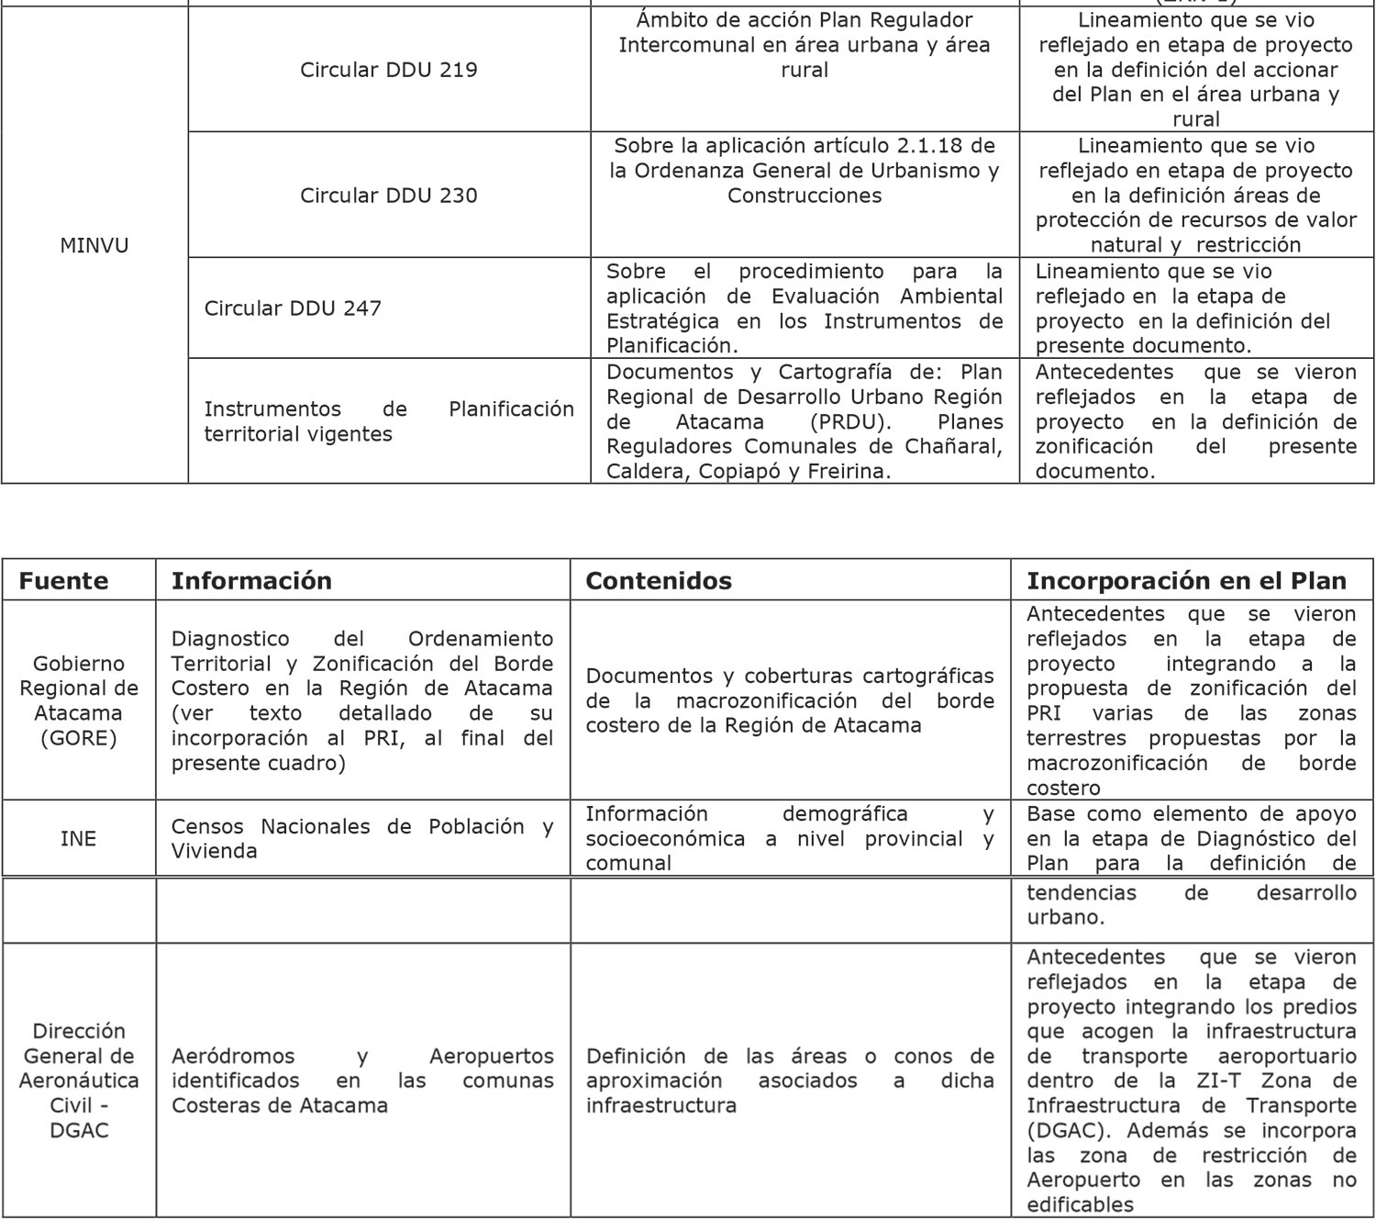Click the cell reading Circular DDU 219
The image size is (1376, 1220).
[x=388, y=70]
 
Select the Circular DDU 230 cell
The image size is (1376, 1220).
[x=388, y=196]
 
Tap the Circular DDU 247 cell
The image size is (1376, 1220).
[x=293, y=308]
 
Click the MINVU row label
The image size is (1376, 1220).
[x=94, y=245]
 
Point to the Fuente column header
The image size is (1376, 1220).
[x=63, y=581]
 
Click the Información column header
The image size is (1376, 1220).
[x=251, y=581]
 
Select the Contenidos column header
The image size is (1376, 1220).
[x=658, y=581]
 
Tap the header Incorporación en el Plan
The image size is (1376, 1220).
[x=1186, y=581]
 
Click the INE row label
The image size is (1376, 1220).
[x=78, y=838]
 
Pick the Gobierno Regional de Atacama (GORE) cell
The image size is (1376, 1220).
[x=78, y=700]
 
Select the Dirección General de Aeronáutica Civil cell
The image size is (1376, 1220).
[x=78, y=1080]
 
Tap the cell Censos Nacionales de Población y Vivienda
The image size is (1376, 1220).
[x=361, y=838]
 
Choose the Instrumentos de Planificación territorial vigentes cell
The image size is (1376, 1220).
[x=388, y=421]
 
